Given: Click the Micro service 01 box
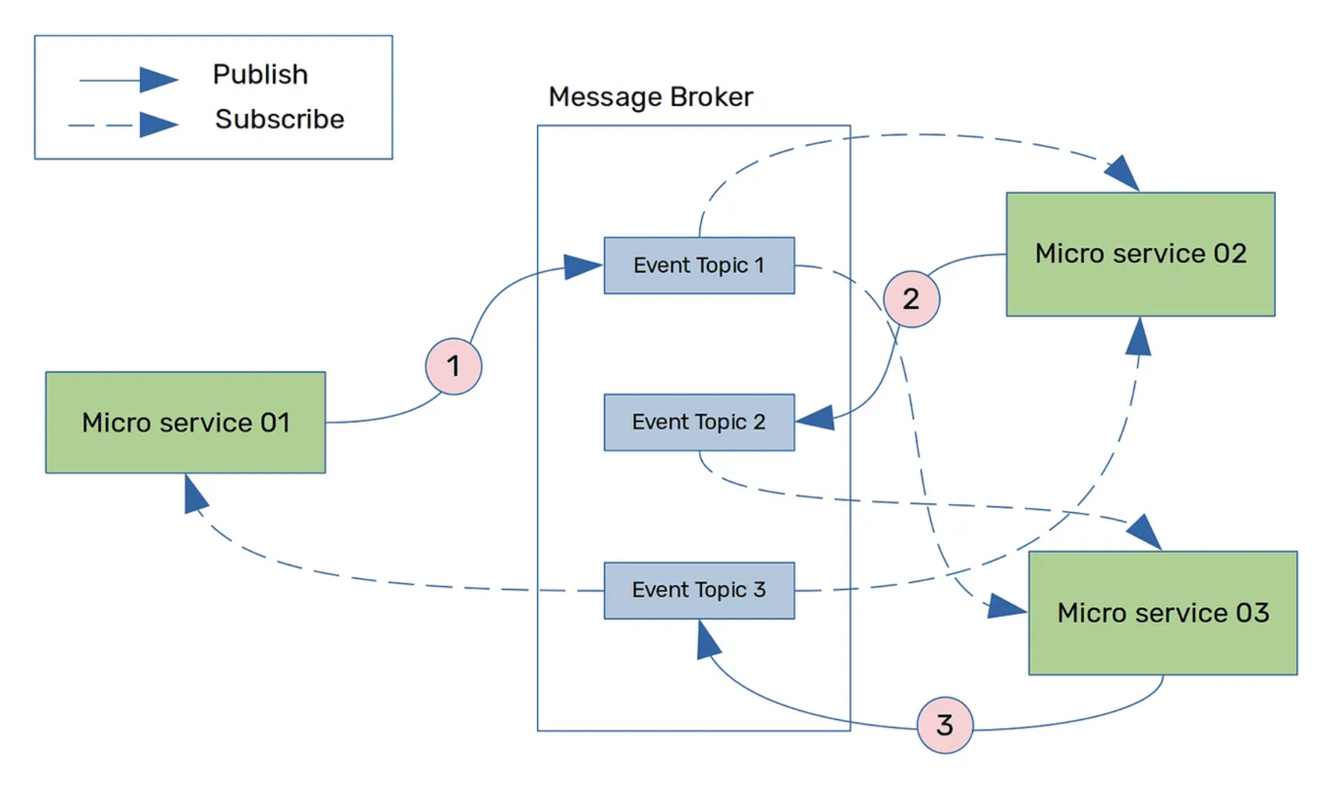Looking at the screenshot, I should [x=185, y=422].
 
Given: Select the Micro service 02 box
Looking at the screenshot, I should [x=1140, y=254].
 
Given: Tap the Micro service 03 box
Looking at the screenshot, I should [x=1163, y=613].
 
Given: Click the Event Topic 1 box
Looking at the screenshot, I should [x=699, y=265].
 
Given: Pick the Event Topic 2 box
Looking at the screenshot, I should [x=699, y=422].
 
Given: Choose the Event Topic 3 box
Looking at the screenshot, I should [x=699, y=590].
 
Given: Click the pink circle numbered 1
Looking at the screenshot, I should [x=453, y=366].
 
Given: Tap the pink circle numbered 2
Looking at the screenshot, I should [x=911, y=299].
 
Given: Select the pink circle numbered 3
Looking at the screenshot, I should [x=945, y=724].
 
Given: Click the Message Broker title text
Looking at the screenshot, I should [x=650, y=97].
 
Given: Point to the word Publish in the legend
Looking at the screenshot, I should [x=260, y=74].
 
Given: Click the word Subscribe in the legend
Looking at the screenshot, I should [x=279, y=119].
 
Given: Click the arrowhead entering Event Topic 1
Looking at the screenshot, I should [x=583, y=267].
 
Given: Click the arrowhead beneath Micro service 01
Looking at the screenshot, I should [x=195, y=495].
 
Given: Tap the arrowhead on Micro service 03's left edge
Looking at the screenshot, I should [x=1006, y=607].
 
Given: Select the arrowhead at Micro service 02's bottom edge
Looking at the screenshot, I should [x=1139, y=337].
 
